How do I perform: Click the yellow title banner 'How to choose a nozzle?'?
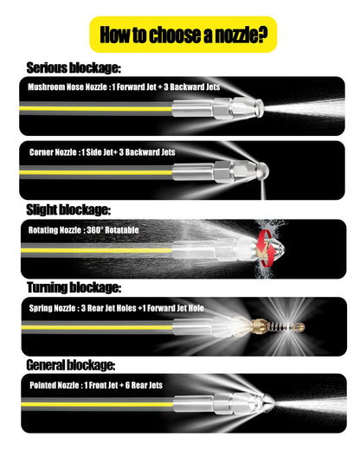click(183, 35)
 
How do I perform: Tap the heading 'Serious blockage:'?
click(74, 68)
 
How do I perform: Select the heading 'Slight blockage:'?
click(68, 209)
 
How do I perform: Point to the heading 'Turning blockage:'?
click(74, 287)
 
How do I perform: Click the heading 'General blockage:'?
click(71, 365)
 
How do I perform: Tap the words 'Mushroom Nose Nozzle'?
click(67, 87)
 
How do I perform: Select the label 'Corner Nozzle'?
click(53, 152)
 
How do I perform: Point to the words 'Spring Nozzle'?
click(52, 308)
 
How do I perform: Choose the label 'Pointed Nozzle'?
click(55, 385)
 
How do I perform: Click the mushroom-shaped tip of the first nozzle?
click(259, 108)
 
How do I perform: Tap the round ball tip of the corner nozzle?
click(262, 171)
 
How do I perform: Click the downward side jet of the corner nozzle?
click(262, 190)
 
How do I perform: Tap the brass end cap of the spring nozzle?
click(298, 327)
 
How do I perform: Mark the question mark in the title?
click(262, 35)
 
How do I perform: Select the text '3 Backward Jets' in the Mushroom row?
click(192, 87)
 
